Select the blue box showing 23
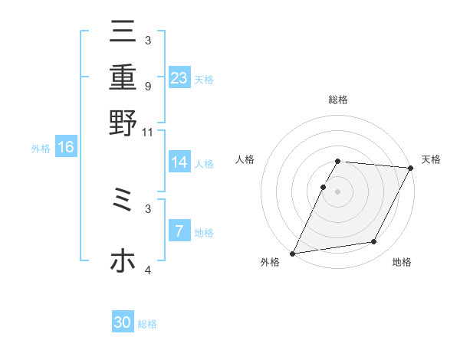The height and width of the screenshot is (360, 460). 179,77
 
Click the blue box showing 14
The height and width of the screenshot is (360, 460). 179,162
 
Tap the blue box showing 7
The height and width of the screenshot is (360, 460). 179,231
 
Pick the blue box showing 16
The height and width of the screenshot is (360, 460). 66,147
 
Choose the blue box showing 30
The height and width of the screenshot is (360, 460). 123,322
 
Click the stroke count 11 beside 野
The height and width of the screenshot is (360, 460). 147,132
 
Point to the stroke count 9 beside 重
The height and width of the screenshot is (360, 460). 147,86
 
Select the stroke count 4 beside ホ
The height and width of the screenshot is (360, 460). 147,270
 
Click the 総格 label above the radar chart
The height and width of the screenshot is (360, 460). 338,100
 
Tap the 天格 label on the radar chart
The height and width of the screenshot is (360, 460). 431,159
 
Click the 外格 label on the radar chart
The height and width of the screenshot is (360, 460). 270,263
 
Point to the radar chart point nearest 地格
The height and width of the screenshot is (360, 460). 374,241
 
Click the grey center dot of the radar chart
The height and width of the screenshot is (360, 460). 337,191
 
